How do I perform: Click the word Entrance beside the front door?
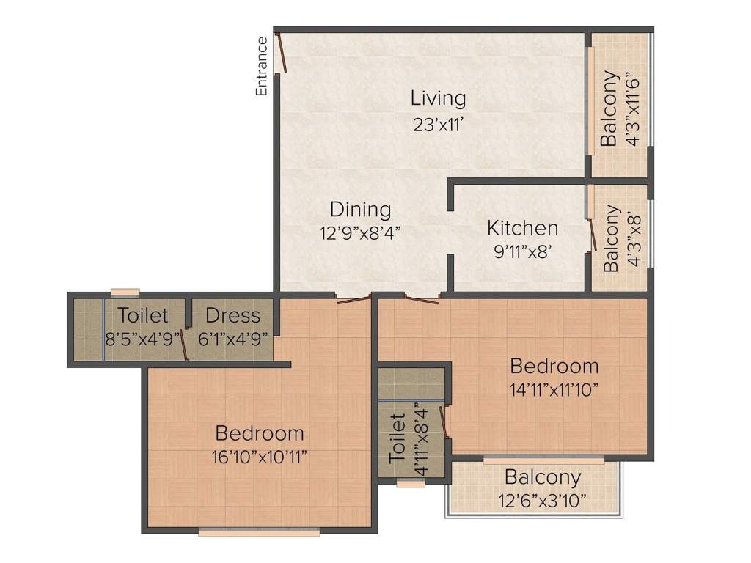[x=261, y=67]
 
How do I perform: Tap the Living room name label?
[x=438, y=97]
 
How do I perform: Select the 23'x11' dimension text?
[x=438, y=124]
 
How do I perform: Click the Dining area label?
[x=360, y=209]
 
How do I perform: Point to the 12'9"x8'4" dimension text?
[x=360, y=233]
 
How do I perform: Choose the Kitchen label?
[x=522, y=228]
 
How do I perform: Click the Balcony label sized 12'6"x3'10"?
[x=543, y=477]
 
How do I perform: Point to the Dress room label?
[x=232, y=316]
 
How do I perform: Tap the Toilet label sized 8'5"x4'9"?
[x=143, y=316]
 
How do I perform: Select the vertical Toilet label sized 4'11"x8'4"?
[x=396, y=437]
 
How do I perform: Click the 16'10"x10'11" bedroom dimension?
[x=259, y=457]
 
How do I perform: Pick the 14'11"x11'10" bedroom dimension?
[x=554, y=389]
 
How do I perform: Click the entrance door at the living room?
[x=279, y=53]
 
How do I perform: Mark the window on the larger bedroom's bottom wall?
[x=259, y=533]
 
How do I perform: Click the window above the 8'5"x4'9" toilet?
[x=125, y=292]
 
